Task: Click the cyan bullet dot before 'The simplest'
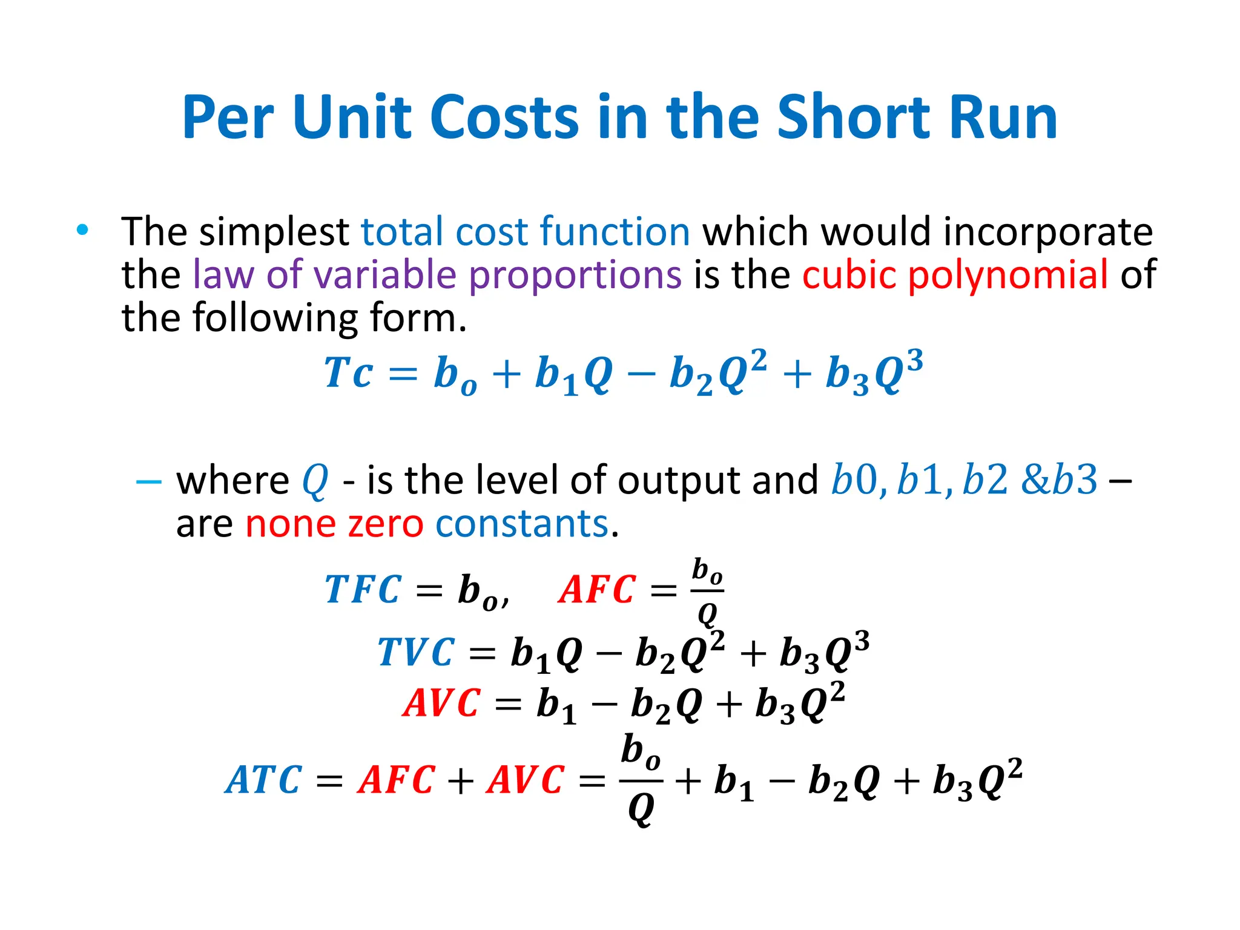coord(83,229)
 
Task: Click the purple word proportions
coord(575,275)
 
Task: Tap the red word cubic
coord(848,274)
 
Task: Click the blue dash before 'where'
coord(148,482)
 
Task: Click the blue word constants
coord(521,524)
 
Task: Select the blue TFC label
coord(363,590)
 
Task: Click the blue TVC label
coord(416,653)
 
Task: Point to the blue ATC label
coord(263,780)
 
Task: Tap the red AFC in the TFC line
coord(597,590)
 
